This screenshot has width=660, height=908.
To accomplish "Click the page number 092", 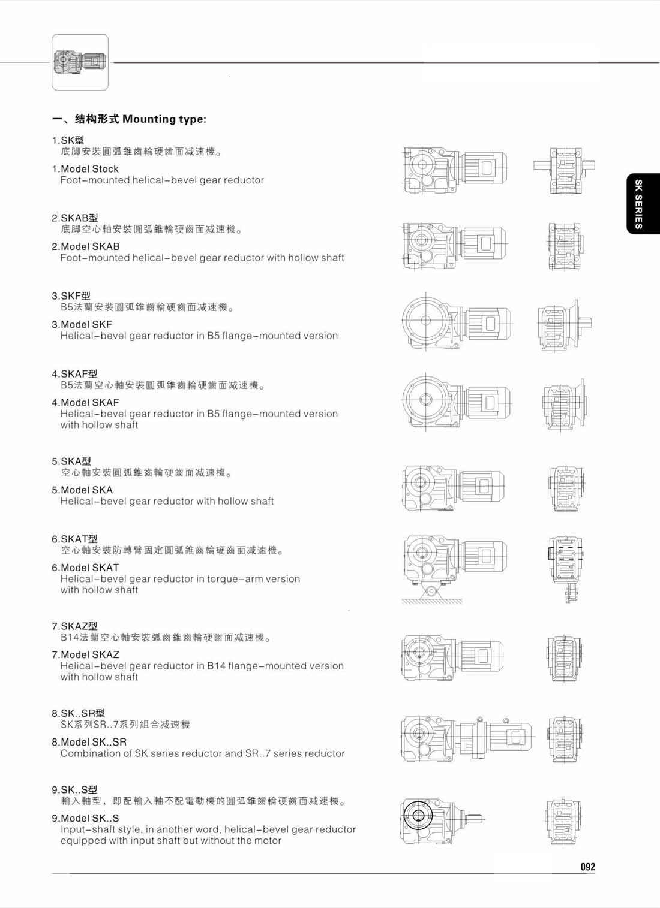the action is (x=588, y=867).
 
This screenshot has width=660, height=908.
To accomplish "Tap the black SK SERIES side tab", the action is (x=643, y=204).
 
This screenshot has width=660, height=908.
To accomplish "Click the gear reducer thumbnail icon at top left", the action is (x=80, y=62).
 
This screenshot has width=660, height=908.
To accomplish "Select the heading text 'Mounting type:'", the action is (x=164, y=119).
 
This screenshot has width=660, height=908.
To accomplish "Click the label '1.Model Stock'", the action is (x=85, y=169).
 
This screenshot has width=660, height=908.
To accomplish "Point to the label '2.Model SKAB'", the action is (x=86, y=246).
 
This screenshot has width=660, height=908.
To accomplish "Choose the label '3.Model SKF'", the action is (x=82, y=325).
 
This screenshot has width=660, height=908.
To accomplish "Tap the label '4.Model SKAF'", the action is (x=85, y=403).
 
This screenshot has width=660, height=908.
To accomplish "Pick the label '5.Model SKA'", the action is (x=82, y=490).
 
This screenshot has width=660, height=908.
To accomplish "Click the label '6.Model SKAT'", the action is (x=85, y=568).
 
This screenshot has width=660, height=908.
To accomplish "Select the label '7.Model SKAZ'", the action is (x=85, y=654).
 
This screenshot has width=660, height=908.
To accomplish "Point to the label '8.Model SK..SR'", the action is (x=89, y=742).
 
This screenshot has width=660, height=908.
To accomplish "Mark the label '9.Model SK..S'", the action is (x=85, y=818).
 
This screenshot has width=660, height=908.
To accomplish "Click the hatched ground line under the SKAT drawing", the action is (x=432, y=601).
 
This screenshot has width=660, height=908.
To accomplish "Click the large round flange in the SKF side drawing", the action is (x=426, y=320).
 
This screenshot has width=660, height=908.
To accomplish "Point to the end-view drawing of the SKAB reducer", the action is (x=564, y=246).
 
